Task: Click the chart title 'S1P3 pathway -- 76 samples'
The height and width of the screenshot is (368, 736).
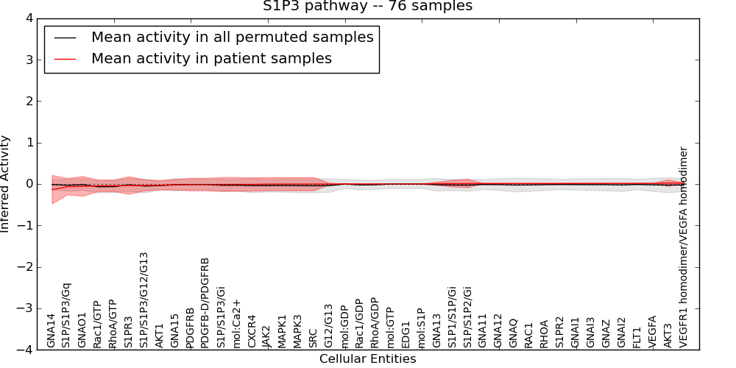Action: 368,7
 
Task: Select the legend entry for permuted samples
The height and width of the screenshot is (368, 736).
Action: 232,37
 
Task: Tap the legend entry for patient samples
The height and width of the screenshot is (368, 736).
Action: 211,58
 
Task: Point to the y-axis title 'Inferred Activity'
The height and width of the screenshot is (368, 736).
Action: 6,184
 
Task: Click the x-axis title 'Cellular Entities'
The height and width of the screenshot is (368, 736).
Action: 367,359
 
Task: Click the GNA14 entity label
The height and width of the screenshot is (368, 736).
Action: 51,330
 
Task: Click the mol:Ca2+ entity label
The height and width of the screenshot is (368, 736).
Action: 236,323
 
